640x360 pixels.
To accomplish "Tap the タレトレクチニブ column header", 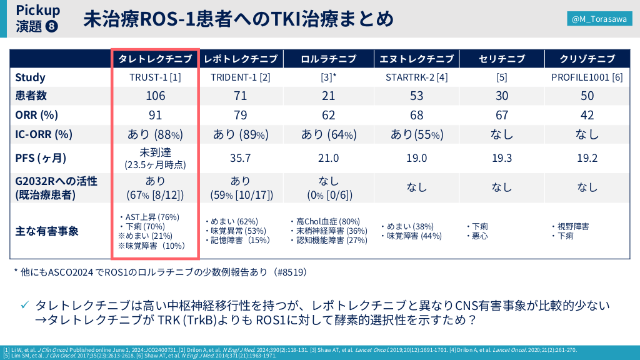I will tap(155, 59).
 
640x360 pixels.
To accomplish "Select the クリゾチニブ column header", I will tap(587, 59).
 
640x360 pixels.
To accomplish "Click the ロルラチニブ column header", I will tap(329, 59).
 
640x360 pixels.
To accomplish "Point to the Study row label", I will tap(31, 77).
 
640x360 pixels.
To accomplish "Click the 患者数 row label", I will tap(31, 96).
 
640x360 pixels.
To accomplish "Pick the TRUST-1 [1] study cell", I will tap(155, 77).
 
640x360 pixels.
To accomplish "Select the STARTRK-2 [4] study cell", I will tap(416, 77).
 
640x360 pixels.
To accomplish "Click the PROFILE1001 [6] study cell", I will tap(587, 77).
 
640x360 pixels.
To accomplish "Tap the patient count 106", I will tap(155, 96).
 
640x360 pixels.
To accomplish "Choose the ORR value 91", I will tap(155, 115).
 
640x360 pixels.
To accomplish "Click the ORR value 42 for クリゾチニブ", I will tap(587, 115).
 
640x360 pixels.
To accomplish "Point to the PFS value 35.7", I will tap(241, 159).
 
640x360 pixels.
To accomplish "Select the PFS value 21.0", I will tap(329, 159).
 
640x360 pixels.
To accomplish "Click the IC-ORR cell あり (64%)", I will tap(329, 134).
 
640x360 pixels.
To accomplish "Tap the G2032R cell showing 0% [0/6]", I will tap(329, 194).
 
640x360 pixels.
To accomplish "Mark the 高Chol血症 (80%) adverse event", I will tap(327, 221).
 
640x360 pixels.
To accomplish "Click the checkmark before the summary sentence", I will tap(25, 305).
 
